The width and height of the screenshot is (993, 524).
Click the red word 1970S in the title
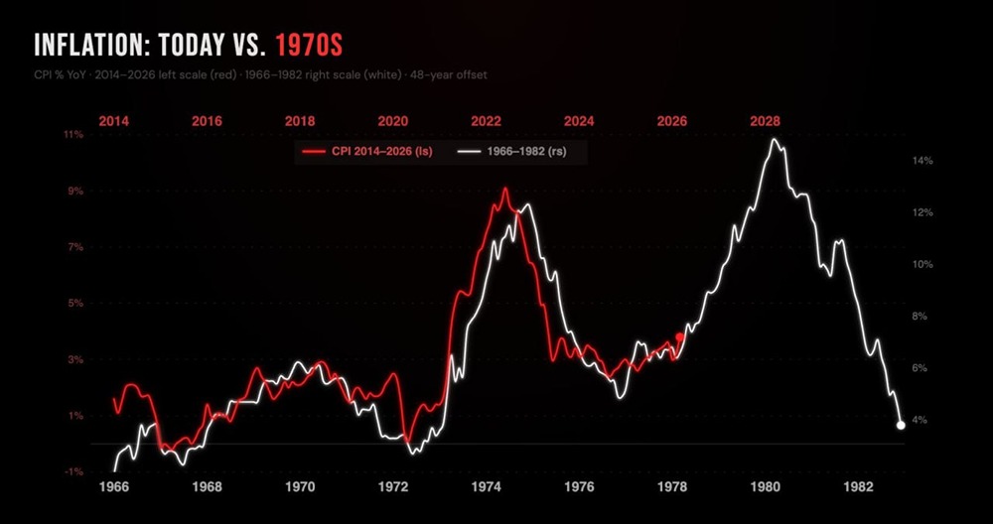[311, 46]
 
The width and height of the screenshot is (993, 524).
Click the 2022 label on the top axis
[486, 121]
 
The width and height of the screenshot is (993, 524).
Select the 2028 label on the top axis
[765, 121]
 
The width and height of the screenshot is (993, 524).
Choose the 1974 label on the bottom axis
[486, 487]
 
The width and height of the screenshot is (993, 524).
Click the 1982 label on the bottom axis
[858, 487]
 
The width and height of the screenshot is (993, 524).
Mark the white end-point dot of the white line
[901, 425]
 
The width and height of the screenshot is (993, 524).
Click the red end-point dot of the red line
[680, 336]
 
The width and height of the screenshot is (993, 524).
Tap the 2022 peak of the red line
[505, 189]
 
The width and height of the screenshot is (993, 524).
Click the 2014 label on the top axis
[114, 121]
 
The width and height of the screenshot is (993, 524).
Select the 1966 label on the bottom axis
[114, 487]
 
